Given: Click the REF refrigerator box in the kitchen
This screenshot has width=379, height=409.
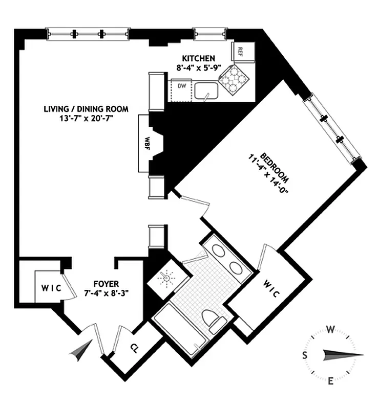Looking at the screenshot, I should [240, 51].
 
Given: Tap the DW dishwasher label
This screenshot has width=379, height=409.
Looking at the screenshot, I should [180, 86].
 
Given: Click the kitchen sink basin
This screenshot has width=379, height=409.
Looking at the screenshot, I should [207, 90].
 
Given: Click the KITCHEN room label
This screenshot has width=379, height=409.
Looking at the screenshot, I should [197, 58].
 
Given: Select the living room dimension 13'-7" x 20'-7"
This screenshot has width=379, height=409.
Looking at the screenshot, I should [86, 118].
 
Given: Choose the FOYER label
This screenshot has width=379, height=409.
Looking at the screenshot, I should [107, 284].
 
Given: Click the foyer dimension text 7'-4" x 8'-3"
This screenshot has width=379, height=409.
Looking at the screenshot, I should [107, 293].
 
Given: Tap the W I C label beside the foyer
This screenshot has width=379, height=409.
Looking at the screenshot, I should [50, 288].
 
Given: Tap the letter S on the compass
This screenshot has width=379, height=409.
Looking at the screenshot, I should [305, 354].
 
